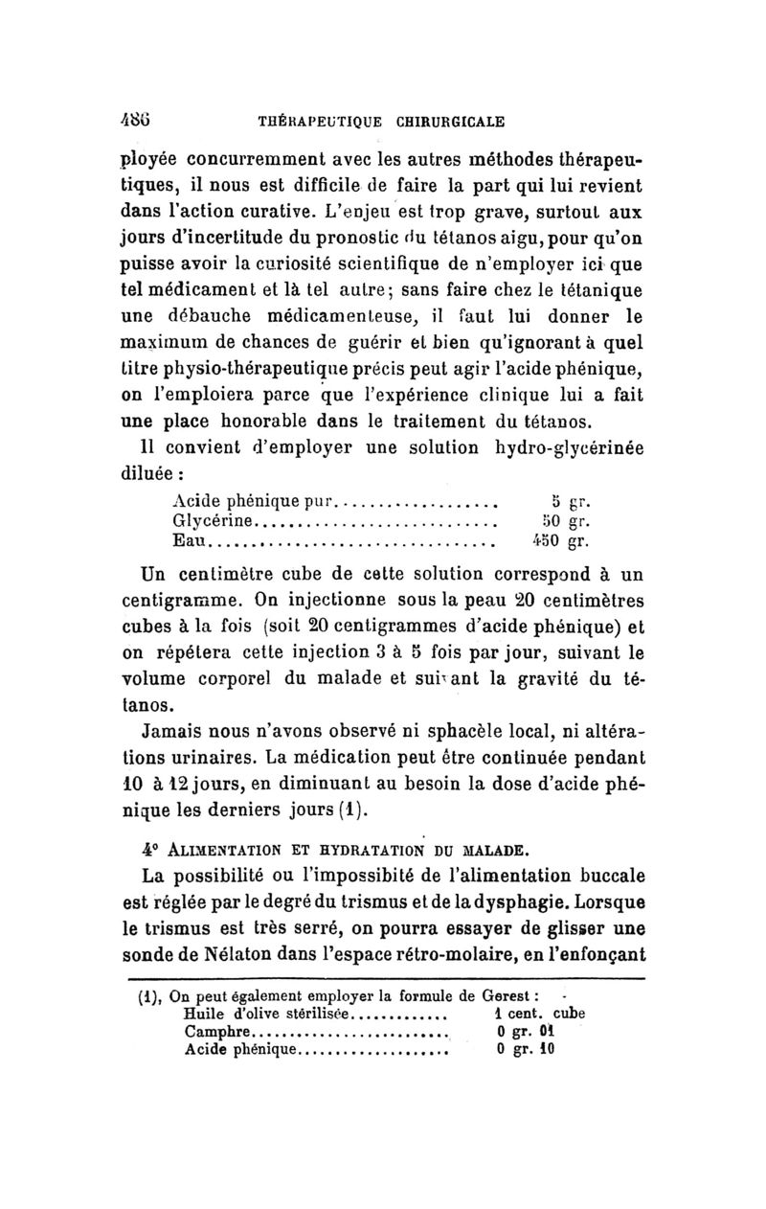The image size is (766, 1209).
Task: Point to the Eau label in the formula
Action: (189, 541)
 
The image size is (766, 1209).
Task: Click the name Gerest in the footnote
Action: (515, 993)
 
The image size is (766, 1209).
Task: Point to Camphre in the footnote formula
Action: (215, 1032)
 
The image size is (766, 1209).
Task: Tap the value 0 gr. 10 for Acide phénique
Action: (527, 1049)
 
